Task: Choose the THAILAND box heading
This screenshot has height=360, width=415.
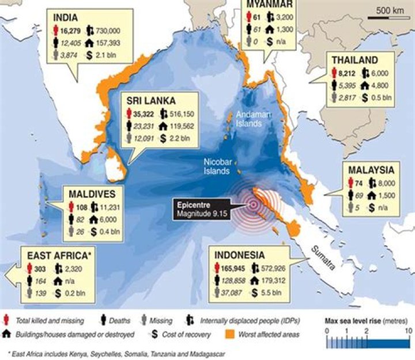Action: pos(354,59)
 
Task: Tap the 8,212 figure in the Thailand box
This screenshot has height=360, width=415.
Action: pos(347,72)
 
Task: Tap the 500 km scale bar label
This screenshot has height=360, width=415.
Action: pos(389,10)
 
